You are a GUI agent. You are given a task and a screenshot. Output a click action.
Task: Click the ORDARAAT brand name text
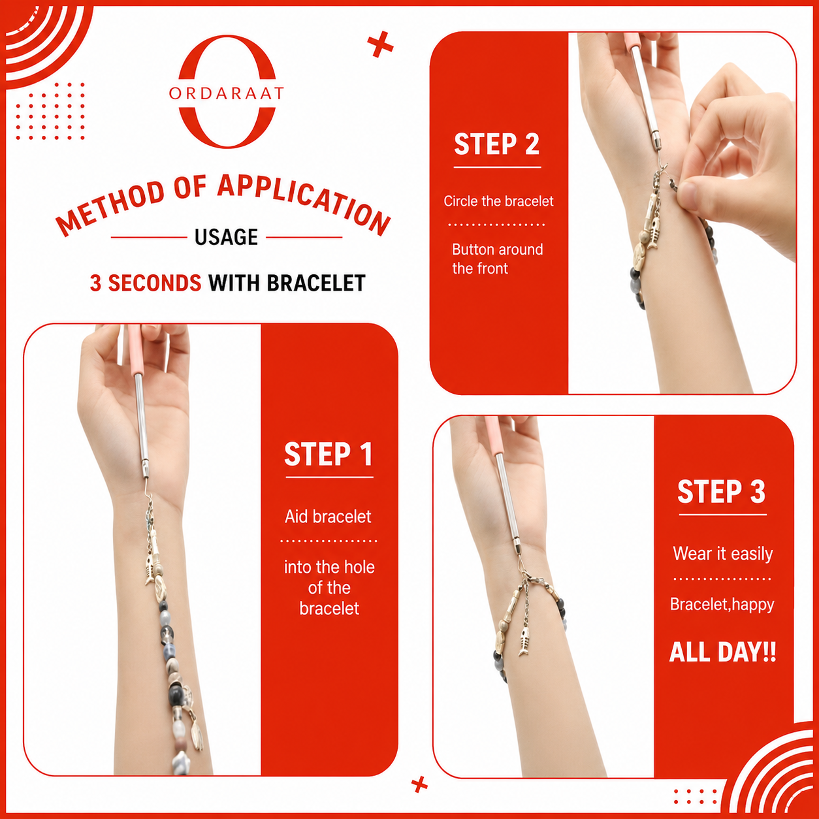(x=226, y=93)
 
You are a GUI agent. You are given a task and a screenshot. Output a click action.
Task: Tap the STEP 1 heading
(x=329, y=455)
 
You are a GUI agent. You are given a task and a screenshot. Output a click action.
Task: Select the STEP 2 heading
(x=497, y=144)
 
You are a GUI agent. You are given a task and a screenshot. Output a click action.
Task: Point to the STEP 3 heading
(x=722, y=492)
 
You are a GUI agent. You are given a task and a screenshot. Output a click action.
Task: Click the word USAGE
(x=226, y=236)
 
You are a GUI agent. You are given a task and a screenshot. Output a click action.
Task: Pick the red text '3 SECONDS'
(x=146, y=283)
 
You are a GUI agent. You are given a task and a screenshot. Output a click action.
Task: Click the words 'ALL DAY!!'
(x=722, y=652)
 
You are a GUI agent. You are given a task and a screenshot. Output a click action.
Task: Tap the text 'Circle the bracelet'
(x=498, y=201)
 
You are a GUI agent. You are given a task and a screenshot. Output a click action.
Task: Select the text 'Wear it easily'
(x=722, y=554)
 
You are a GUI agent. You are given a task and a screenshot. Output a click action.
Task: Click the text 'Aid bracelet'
(x=328, y=517)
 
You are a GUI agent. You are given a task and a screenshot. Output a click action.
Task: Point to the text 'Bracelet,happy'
(x=722, y=604)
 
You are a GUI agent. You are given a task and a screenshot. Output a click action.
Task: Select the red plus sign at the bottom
(x=419, y=784)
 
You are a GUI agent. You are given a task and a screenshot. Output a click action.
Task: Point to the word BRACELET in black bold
(x=316, y=283)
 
